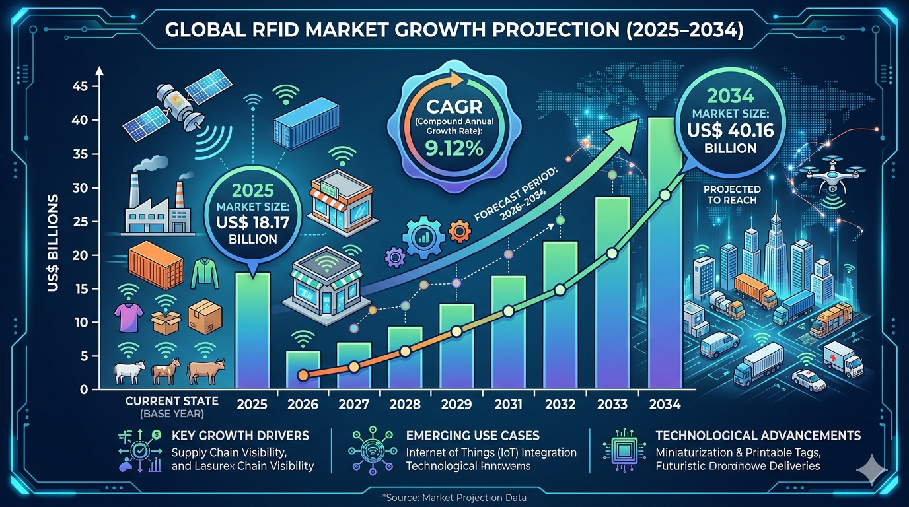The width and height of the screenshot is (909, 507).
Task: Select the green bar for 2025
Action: click(x=251, y=330)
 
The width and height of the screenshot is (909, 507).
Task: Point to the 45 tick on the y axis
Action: click(x=81, y=86)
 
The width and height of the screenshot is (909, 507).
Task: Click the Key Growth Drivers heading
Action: click(x=240, y=436)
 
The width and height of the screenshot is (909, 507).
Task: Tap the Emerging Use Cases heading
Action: click(x=473, y=436)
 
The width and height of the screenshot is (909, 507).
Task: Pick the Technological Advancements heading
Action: click(x=758, y=436)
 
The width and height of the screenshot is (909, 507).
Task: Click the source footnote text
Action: click(x=454, y=497)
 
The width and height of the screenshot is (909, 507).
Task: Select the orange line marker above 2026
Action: click(x=303, y=375)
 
